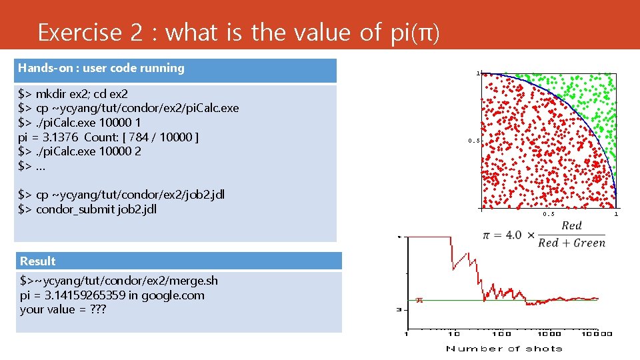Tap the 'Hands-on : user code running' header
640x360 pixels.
coord(101,68)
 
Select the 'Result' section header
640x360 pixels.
coord(38,261)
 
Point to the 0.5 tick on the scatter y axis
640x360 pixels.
coord(473,141)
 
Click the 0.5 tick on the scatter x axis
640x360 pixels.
coord(548,214)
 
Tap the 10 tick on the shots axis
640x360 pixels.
coord(453,333)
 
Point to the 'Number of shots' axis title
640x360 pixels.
coord(504,348)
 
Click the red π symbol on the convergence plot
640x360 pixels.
coord(419,300)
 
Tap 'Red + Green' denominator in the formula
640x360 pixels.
coord(571,243)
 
